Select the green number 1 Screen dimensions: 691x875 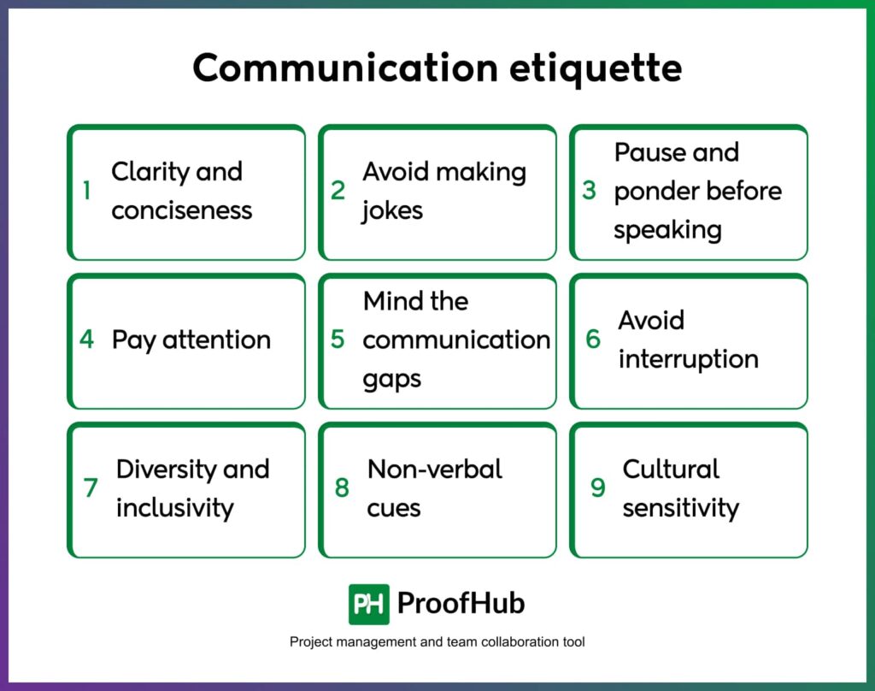86,191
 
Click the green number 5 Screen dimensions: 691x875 338,340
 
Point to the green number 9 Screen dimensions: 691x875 598,488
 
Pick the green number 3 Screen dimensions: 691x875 589,191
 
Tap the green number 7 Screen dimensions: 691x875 91,488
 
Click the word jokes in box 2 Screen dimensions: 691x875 392,210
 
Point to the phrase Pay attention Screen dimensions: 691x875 191,340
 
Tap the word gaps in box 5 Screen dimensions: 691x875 392,379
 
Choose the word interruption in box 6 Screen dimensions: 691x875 688,359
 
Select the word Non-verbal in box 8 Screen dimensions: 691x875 434,469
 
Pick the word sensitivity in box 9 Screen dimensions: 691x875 680,508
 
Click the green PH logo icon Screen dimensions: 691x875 368,604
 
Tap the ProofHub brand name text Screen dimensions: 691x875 461,604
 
